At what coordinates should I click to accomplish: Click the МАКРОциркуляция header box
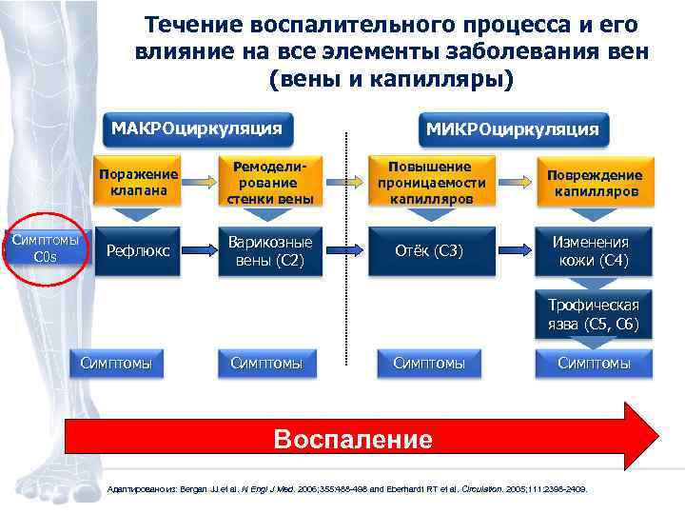(197, 128)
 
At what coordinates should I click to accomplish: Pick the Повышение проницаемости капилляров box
(431, 181)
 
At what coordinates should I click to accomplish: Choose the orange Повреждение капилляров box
(595, 182)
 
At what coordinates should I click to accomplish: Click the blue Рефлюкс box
(139, 251)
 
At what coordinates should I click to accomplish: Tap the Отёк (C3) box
(431, 251)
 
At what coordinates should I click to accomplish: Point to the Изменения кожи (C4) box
(595, 251)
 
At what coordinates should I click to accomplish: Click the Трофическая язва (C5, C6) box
(595, 315)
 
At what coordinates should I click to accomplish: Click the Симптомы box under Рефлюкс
(121, 363)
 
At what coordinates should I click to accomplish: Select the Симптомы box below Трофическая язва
(595, 363)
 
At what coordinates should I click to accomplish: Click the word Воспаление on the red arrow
(352, 439)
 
